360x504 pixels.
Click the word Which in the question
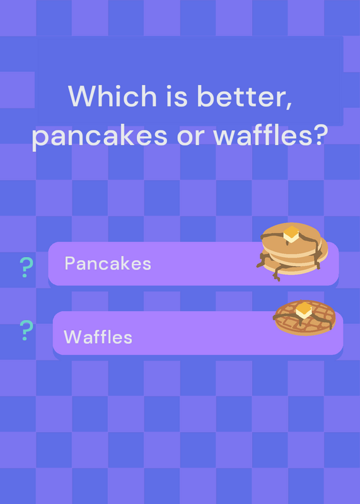(112, 96)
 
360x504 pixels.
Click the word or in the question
(190, 137)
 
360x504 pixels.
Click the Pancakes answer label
(108, 263)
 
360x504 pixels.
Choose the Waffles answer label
(98, 337)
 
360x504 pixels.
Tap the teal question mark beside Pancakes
(26, 267)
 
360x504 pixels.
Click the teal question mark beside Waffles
(26, 330)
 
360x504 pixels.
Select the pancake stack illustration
(292, 251)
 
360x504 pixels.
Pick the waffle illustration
(305, 318)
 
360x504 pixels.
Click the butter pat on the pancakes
(291, 234)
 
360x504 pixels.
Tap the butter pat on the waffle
(304, 310)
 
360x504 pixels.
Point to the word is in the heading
(177, 96)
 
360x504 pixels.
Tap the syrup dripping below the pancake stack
(277, 274)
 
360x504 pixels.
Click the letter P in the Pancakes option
(69, 263)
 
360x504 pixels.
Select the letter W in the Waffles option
(73, 337)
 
